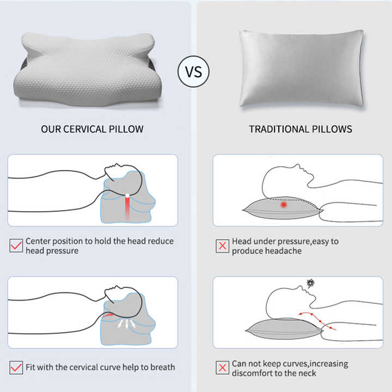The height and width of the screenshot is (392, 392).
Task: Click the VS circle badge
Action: pyautogui.click(x=193, y=71)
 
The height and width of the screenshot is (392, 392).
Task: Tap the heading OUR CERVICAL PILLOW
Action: pyautogui.click(x=93, y=129)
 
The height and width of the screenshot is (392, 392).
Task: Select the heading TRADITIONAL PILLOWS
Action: pyautogui.click(x=301, y=129)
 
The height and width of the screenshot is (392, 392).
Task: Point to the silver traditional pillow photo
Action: pyautogui.click(x=301, y=68)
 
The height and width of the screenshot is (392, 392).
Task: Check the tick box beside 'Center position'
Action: pyautogui.click(x=16, y=246)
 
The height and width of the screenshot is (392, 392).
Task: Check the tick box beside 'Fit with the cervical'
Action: pyautogui.click(x=16, y=367)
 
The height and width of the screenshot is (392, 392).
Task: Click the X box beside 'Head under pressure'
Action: pyautogui.click(x=222, y=246)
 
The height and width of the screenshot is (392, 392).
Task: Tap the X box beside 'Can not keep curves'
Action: pyautogui.click(x=222, y=367)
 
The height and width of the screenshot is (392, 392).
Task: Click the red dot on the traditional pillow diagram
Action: pyautogui.click(x=283, y=205)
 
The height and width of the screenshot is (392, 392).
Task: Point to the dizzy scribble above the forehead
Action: pyautogui.click(x=311, y=284)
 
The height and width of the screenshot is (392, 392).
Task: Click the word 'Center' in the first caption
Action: pyautogui.click(x=39, y=241)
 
